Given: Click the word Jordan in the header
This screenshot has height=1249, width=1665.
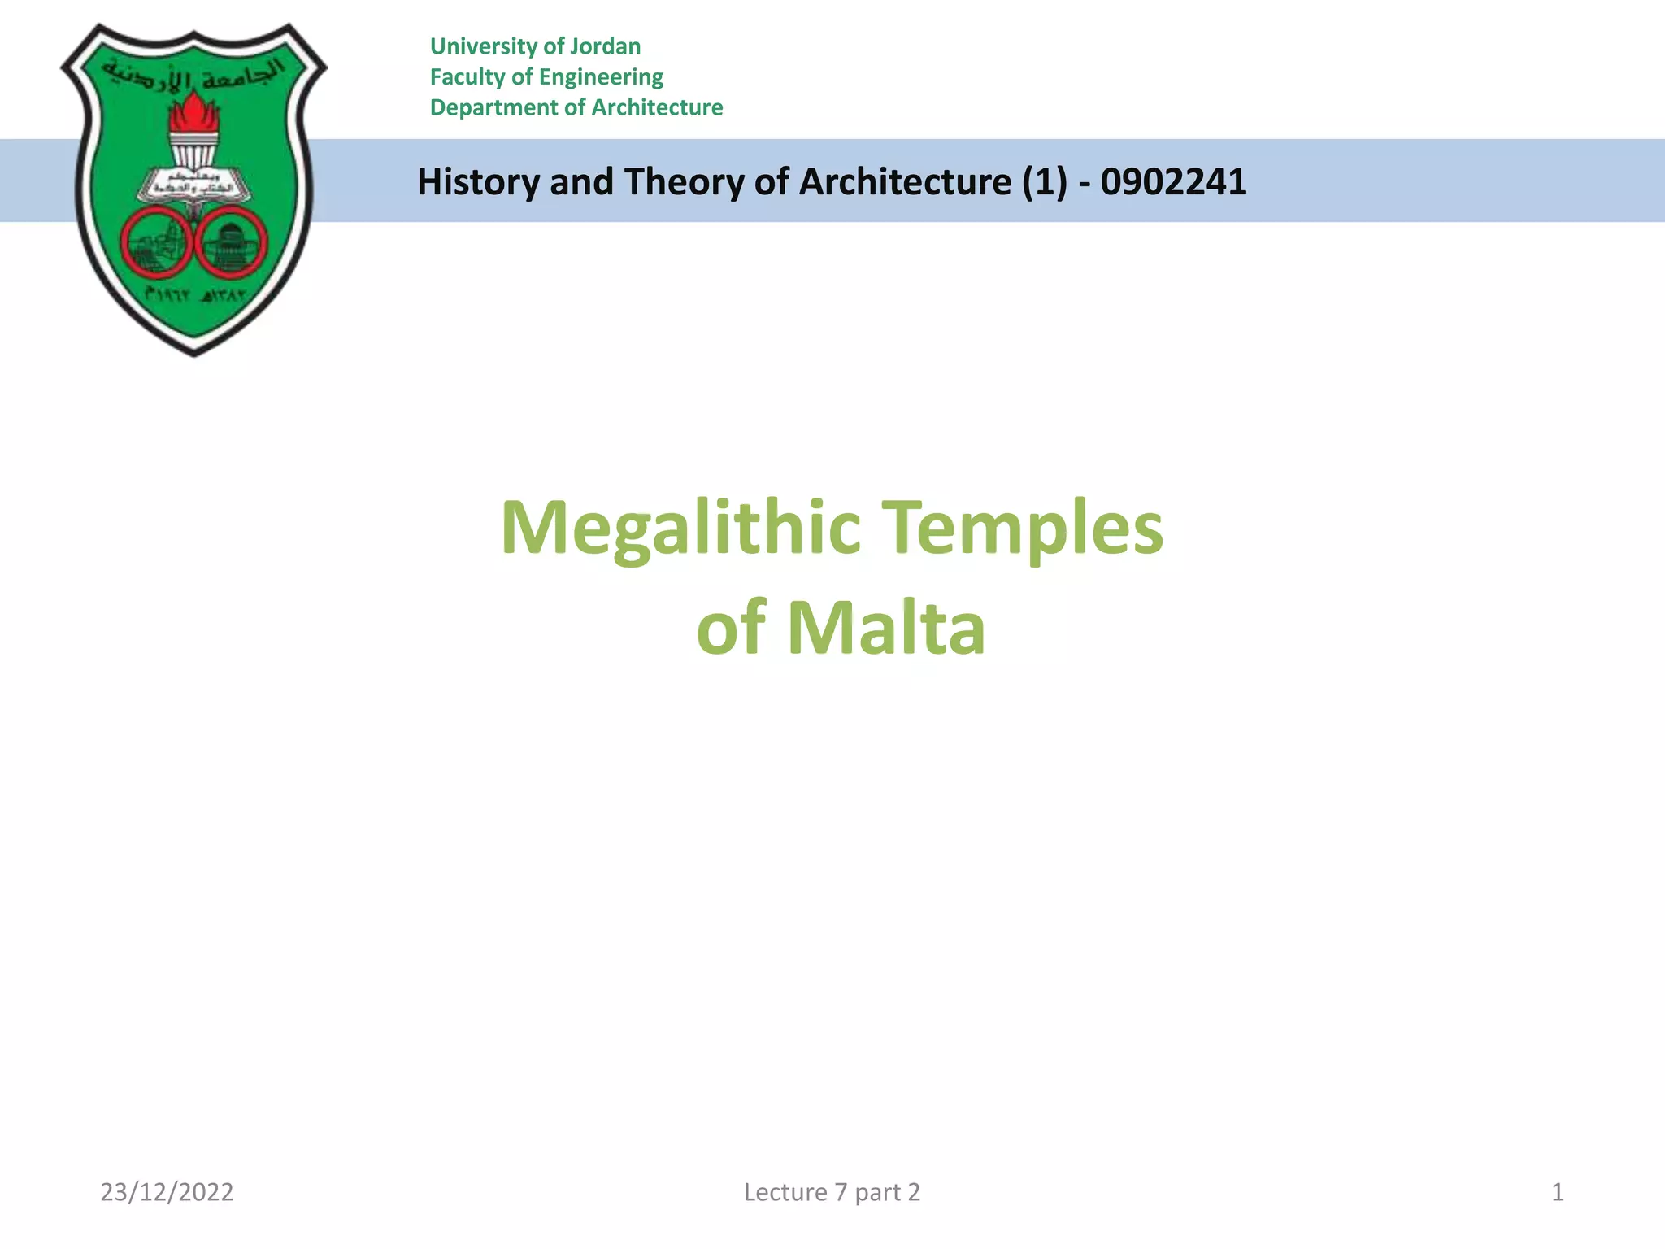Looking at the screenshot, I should (605, 46).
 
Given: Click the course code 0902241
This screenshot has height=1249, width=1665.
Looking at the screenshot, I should (1173, 182).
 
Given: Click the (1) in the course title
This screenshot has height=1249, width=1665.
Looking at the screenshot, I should (1045, 182).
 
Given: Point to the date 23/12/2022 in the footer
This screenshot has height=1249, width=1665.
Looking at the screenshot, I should (167, 1192).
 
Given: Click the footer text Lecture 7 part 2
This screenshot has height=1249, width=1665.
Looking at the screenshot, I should (832, 1192).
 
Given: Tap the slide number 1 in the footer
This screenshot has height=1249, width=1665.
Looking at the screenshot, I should (1558, 1192).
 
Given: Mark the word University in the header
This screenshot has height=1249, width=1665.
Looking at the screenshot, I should (484, 46).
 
